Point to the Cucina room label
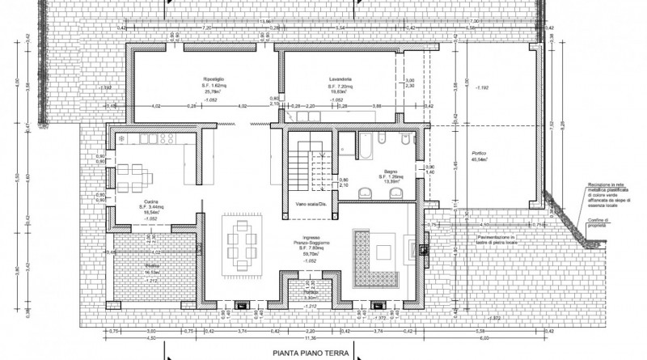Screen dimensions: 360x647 click(x=150, y=204)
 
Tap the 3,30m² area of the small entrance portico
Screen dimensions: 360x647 click(x=309, y=299)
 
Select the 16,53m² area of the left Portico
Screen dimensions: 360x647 click(x=151, y=273)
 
